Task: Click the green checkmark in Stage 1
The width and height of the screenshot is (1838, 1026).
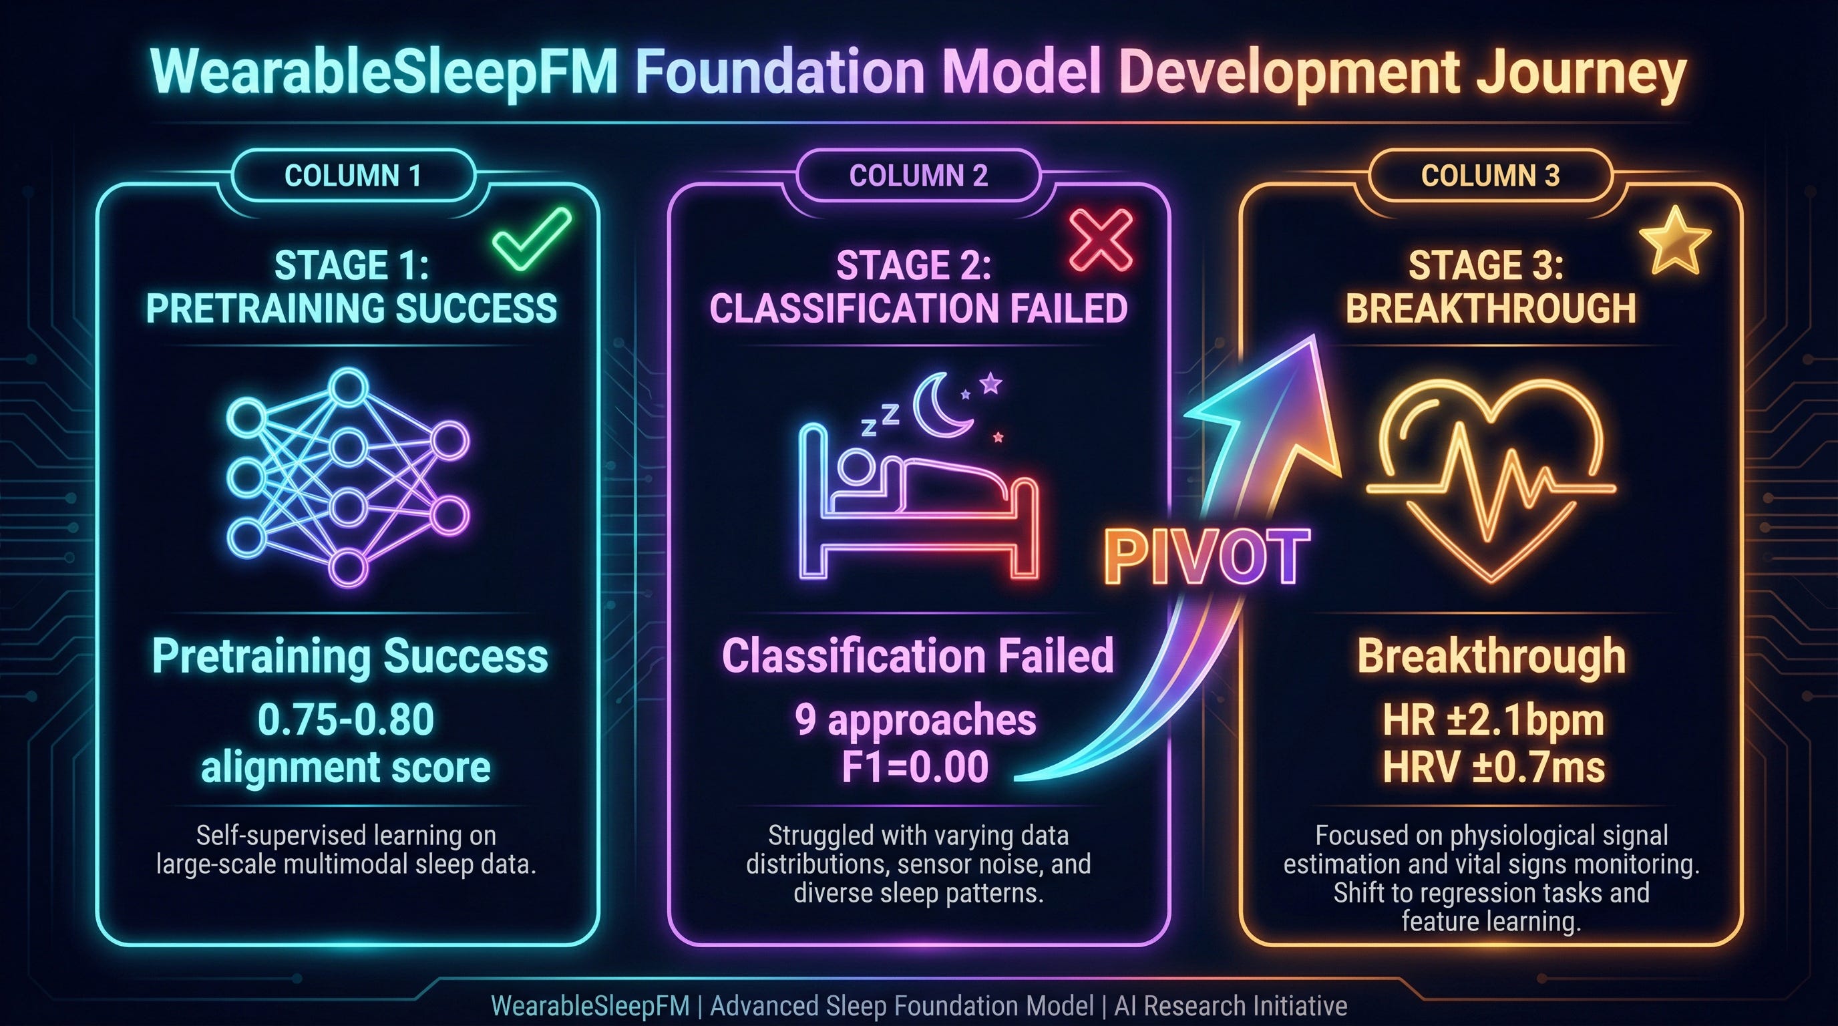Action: tap(532, 240)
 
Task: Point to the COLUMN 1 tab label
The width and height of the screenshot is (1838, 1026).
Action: tap(353, 176)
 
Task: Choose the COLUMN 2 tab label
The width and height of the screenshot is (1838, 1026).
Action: tap(918, 176)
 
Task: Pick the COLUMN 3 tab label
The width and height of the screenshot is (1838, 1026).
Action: tap(1491, 176)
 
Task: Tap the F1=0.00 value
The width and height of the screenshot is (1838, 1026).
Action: tap(916, 767)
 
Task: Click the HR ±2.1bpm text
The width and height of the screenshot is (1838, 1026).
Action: tap(1493, 721)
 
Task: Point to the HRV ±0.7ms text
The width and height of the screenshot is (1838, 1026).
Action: tap(1493, 767)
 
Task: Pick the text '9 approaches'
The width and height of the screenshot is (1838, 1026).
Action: tap(916, 721)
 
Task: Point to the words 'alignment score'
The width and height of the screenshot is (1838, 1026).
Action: tap(346, 767)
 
